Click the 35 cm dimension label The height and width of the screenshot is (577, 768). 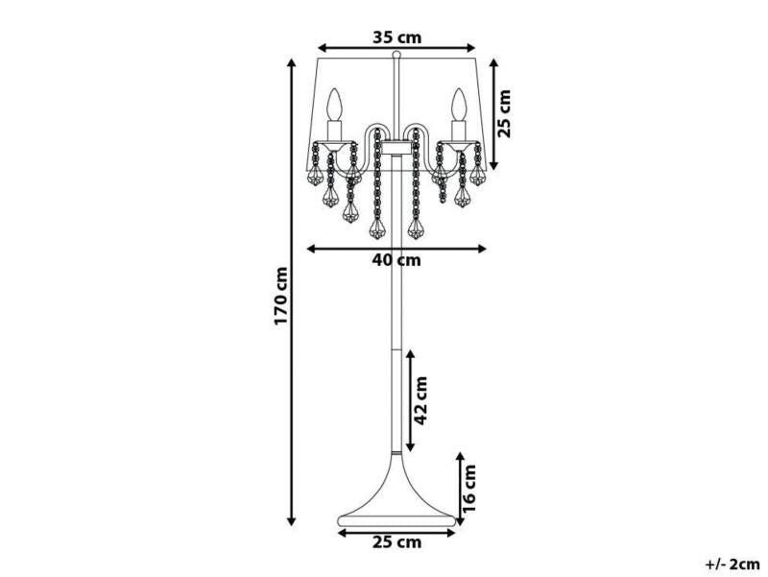pos(397,37)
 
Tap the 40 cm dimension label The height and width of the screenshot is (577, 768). pos(397,261)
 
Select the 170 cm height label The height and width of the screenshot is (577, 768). pos(281,297)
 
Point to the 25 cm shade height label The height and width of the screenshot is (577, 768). pos(506,113)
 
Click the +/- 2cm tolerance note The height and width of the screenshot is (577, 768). pos(731,565)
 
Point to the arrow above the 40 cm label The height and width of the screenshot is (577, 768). pos(397,248)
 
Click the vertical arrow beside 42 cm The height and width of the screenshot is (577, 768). pos(411,400)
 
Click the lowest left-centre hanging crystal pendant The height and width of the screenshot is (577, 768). pos(376,229)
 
